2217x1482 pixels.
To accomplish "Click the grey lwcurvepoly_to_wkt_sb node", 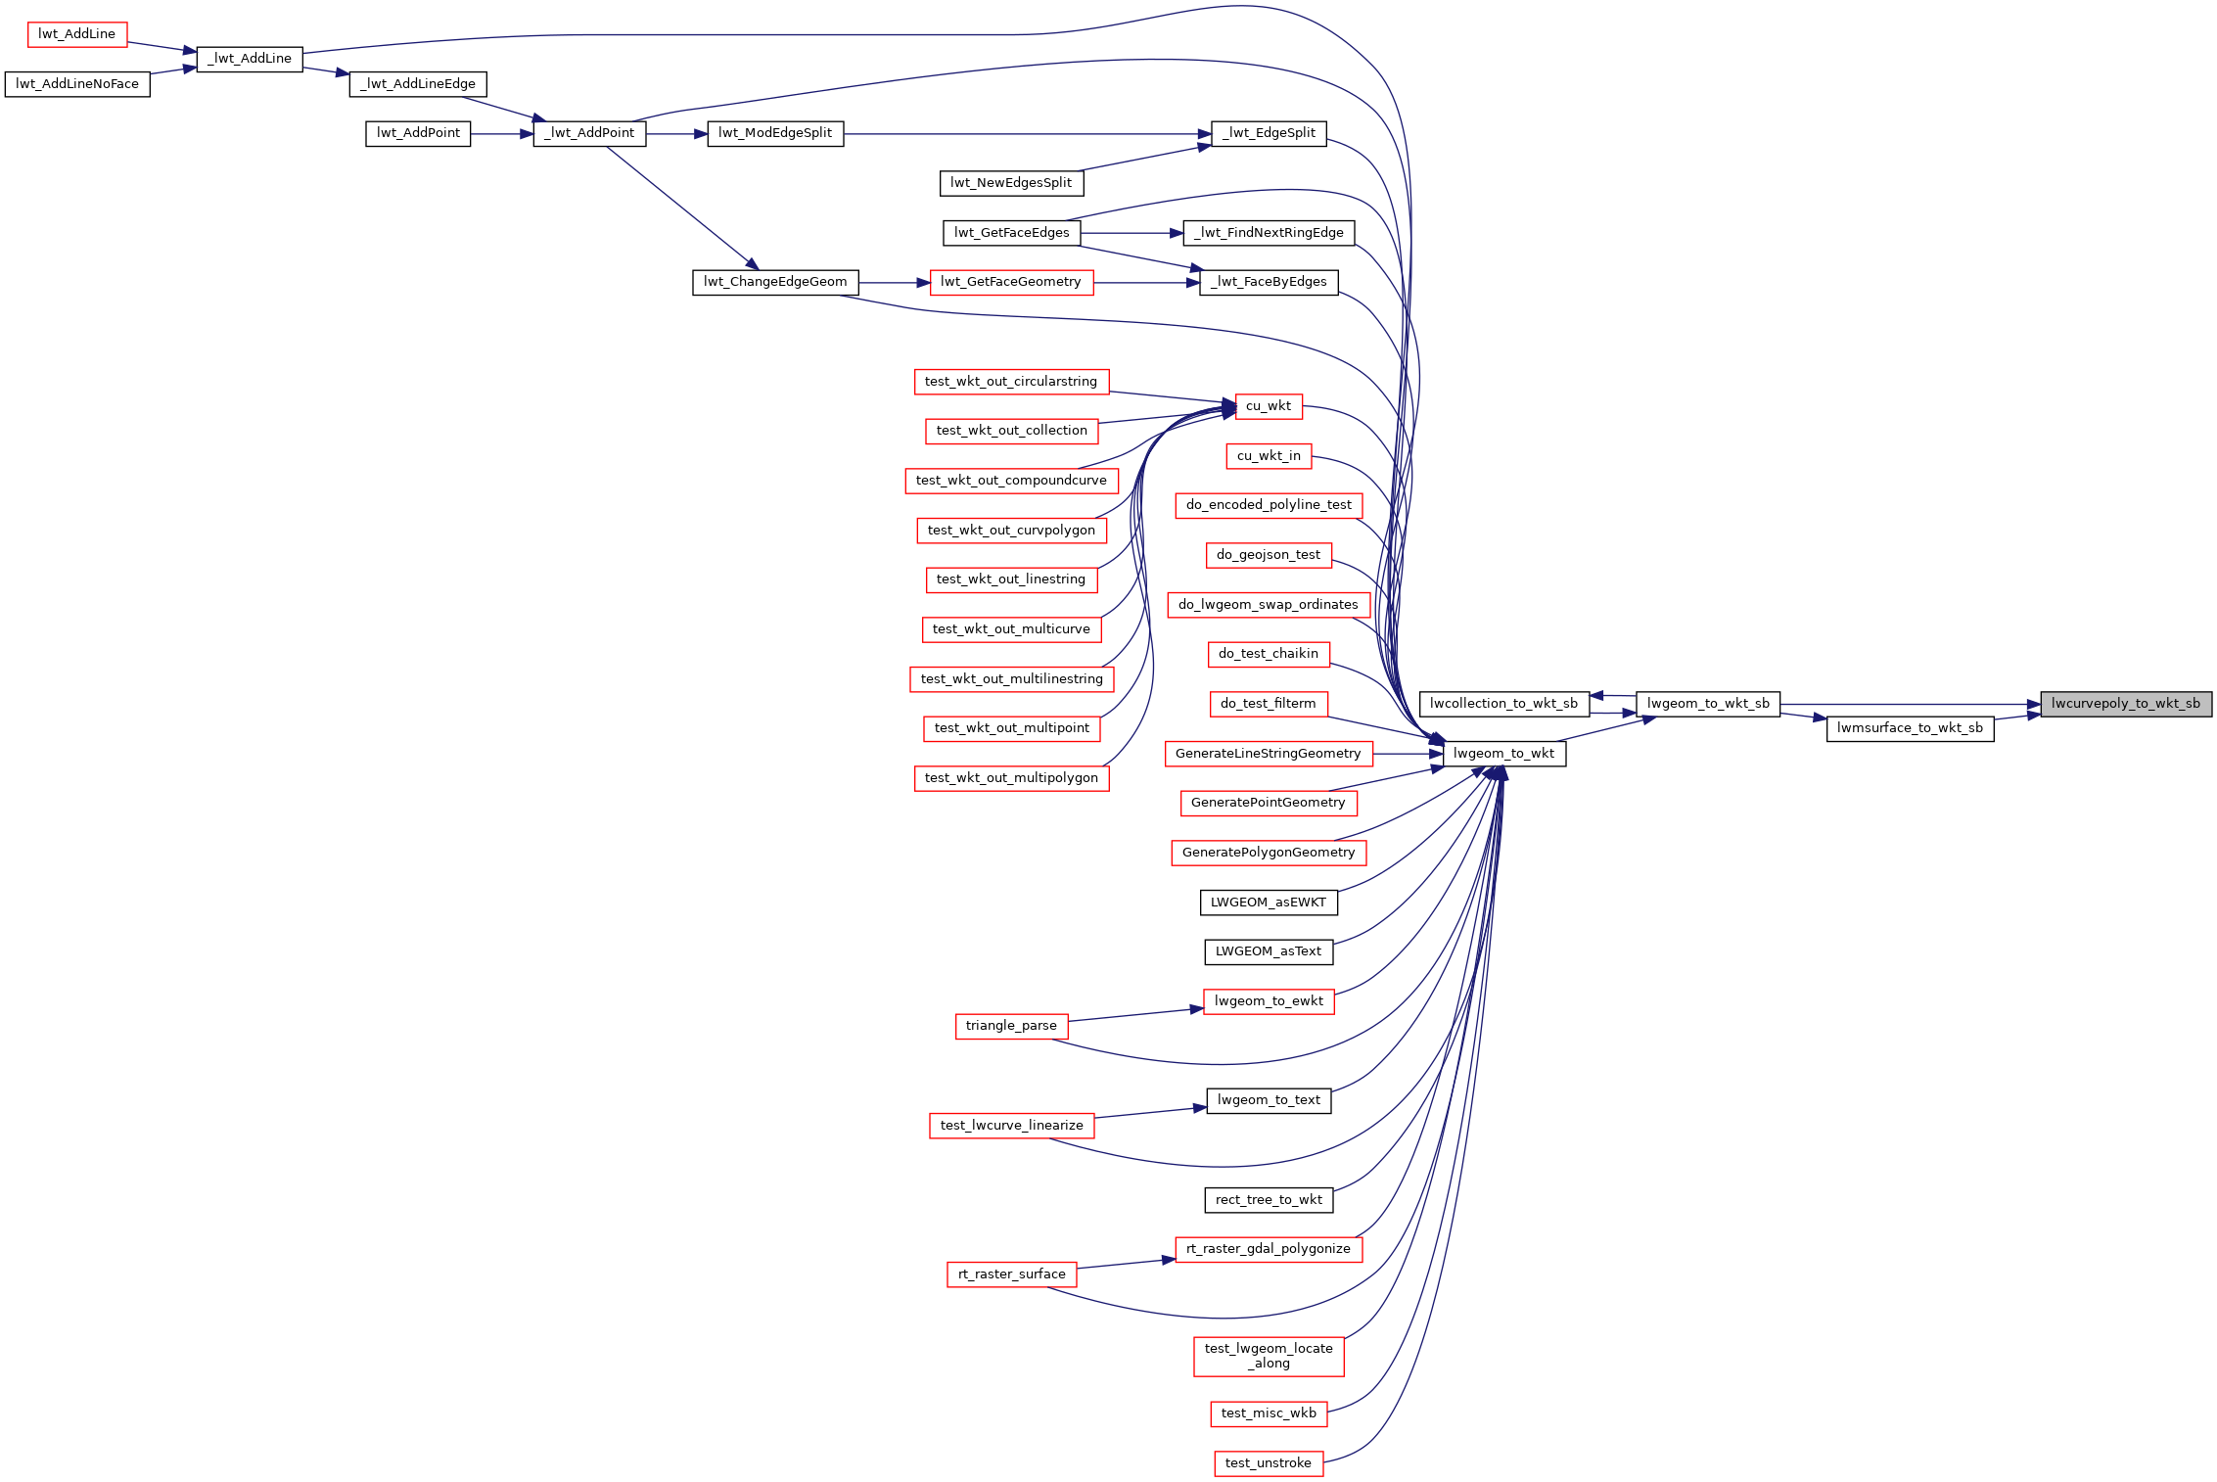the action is tap(2126, 704).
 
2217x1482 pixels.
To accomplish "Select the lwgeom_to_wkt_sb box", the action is tap(1708, 704).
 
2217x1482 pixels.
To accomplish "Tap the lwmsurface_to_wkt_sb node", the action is tap(1910, 728).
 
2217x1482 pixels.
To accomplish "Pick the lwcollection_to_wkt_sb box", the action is tap(1503, 704).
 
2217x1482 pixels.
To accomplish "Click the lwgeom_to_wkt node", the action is tap(1504, 754).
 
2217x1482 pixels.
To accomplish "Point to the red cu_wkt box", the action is tap(1269, 406).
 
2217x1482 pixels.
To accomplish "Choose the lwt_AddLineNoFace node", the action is tap(77, 84).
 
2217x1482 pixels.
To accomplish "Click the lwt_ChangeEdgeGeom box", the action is tap(775, 282).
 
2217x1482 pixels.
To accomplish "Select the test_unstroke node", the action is tap(1269, 1463).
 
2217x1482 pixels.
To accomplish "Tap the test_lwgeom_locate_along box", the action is tap(1269, 1356).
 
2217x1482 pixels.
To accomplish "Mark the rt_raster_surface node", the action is tap(1012, 1274).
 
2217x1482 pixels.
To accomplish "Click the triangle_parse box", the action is tap(1011, 1026).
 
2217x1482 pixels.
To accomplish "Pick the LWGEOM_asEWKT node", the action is tap(1269, 903).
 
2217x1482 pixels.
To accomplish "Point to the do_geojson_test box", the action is tap(1269, 555).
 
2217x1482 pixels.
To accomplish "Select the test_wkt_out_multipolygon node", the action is tap(1012, 778).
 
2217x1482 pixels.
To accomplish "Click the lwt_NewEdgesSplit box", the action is tap(1011, 183).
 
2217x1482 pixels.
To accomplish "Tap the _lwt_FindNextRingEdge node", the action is tap(1270, 233).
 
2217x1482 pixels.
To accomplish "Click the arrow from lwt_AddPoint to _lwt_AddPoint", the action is tap(502, 134).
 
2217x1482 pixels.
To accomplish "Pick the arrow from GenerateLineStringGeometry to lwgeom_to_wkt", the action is tap(1409, 754).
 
